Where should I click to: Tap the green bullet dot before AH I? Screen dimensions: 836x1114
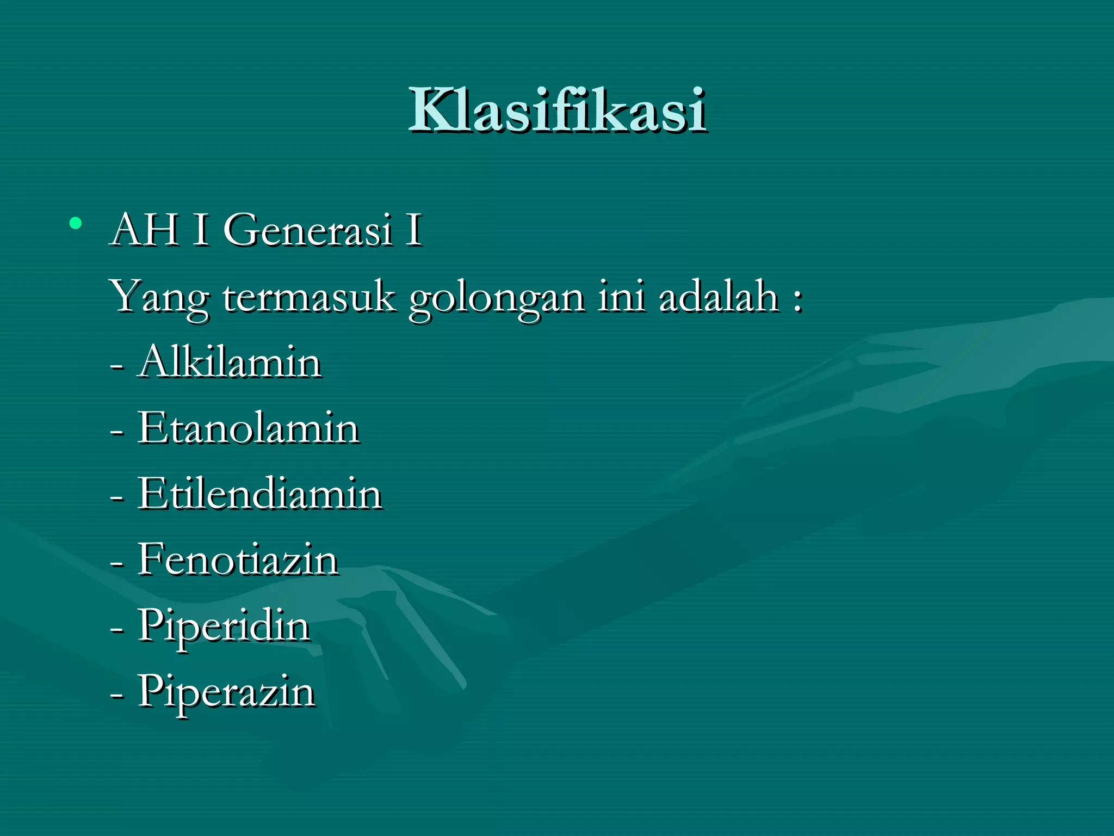pos(76,223)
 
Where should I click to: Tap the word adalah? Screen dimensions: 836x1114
pos(719,296)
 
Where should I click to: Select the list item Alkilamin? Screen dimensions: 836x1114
pos(229,362)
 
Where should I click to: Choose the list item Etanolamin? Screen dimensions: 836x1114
pos(248,428)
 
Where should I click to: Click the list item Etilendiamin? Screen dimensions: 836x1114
pos(259,494)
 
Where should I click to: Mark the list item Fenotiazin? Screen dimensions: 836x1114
pos(238,560)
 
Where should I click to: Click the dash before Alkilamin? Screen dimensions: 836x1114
pos(116,366)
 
